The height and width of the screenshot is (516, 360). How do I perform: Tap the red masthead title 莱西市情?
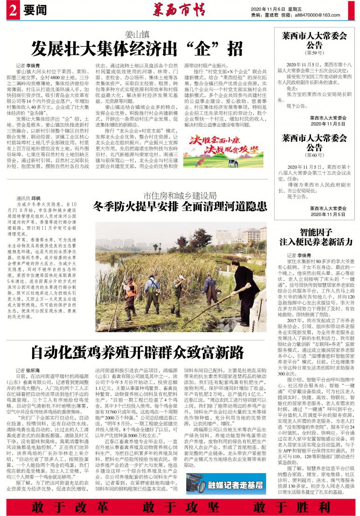click(179, 9)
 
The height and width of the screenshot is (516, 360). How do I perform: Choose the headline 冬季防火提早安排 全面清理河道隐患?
click(180, 206)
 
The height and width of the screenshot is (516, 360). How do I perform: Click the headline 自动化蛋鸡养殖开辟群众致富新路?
click(138, 351)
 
